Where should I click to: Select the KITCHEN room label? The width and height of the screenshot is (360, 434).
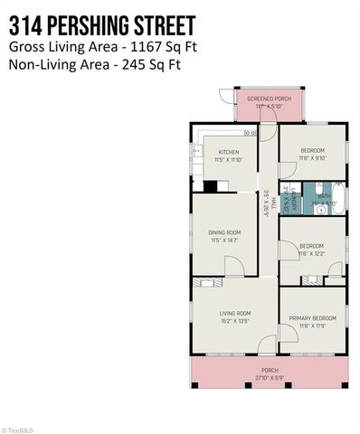pos(228,152)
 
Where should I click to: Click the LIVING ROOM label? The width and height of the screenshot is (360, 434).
pos(232,314)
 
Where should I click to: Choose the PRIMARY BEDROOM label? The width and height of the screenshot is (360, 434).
pos(312,318)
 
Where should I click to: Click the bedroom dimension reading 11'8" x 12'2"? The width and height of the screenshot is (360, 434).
pos(310,252)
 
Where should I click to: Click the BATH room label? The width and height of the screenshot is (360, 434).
pos(324,194)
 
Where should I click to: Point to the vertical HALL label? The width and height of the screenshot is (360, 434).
pos(268,209)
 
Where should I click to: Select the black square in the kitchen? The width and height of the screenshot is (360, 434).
pos(210,187)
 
